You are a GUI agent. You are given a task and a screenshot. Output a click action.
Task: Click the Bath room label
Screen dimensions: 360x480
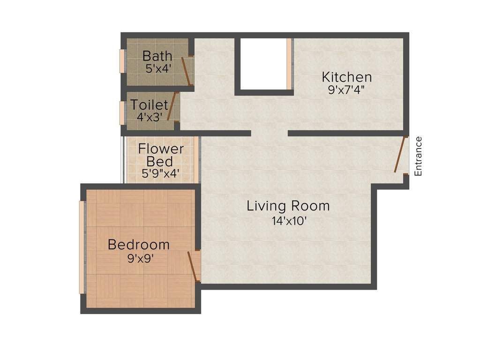click(x=157, y=56)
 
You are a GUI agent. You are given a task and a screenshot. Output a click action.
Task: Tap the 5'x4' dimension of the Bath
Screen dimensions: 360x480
click(x=157, y=68)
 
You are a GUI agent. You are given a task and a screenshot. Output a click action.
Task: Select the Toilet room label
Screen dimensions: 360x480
click(x=149, y=104)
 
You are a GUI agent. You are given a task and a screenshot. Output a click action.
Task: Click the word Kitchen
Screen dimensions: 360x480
click(x=346, y=77)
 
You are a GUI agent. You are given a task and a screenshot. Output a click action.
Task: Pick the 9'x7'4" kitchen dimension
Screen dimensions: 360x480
click(x=346, y=90)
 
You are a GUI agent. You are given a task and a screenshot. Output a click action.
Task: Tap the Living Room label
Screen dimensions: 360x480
click(x=288, y=206)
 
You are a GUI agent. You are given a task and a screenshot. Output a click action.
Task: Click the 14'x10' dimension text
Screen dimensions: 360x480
click(x=288, y=219)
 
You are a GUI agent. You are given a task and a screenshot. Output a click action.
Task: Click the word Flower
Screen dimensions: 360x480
click(x=161, y=149)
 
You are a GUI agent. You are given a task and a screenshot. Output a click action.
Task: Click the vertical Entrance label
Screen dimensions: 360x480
click(x=419, y=156)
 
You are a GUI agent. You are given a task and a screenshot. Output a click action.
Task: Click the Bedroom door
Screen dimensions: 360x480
click(x=193, y=266)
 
